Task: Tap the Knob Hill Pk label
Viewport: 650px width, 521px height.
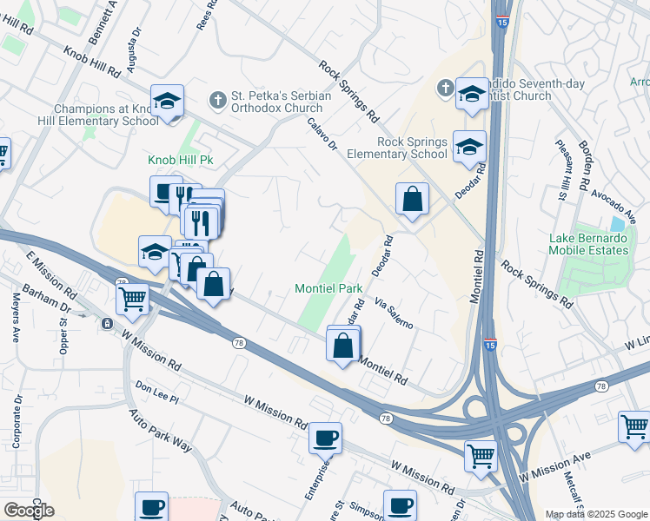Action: click(x=181, y=161)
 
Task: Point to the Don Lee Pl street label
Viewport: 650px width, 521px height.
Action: click(x=156, y=392)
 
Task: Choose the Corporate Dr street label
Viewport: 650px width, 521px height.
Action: click(x=17, y=420)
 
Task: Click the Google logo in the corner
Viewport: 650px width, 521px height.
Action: click(x=28, y=510)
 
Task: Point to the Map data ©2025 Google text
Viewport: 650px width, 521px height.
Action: click(x=596, y=514)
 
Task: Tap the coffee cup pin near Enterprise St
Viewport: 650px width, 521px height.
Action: click(x=326, y=439)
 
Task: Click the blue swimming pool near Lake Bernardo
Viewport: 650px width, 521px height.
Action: click(x=617, y=223)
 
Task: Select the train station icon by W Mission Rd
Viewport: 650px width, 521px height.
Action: click(x=107, y=324)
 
